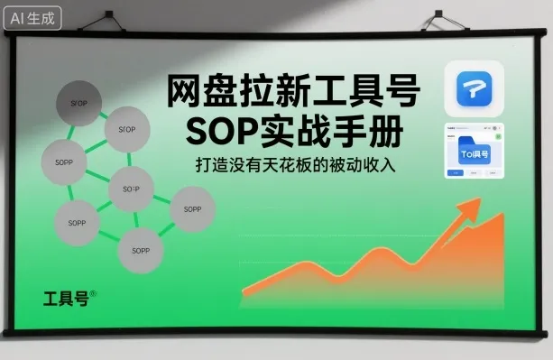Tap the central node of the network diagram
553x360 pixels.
131,190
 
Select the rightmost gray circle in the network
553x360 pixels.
192,209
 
